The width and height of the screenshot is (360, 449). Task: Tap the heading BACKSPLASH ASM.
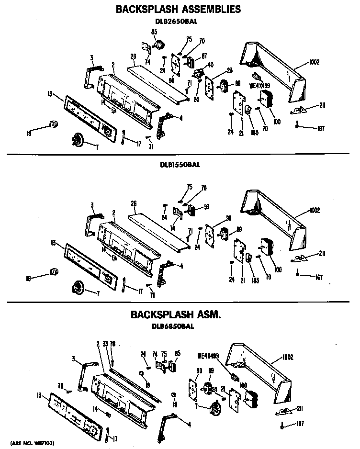pos(176,315)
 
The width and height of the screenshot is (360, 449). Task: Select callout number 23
pos(229,70)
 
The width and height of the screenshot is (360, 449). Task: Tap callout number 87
pos(203,56)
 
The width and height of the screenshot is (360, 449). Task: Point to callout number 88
pos(237,84)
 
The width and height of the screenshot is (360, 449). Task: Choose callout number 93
pos(207,207)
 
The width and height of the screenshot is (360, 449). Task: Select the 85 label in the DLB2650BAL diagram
pos(154,32)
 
